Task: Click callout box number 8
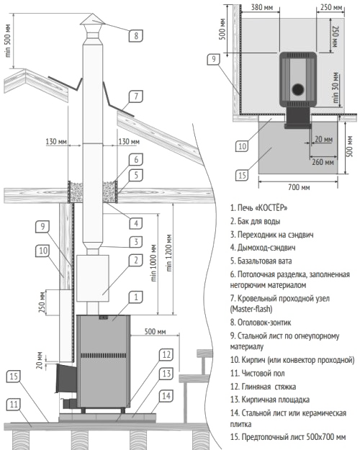(x=136, y=35)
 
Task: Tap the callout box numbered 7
(x=136, y=96)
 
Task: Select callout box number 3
(x=136, y=242)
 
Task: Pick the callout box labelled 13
(x=166, y=374)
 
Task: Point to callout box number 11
(x=14, y=405)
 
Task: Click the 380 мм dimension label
(x=262, y=7)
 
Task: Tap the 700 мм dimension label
(x=299, y=187)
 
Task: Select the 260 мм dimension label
(x=323, y=162)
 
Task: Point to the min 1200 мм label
(x=169, y=253)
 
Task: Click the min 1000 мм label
(x=153, y=263)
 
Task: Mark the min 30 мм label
(x=336, y=88)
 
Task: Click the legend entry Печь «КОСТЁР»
(x=258, y=207)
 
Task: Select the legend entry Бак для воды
(x=255, y=221)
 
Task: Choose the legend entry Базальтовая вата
(x=261, y=261)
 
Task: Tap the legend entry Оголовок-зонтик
(x=261, y=323)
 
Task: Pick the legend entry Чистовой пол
(x=258, y=374)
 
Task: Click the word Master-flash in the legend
(x=251, y=309)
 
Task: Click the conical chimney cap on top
(x=92, y=20)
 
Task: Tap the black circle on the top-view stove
(x=298, y=89)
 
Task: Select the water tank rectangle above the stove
(x=93, y=278)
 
